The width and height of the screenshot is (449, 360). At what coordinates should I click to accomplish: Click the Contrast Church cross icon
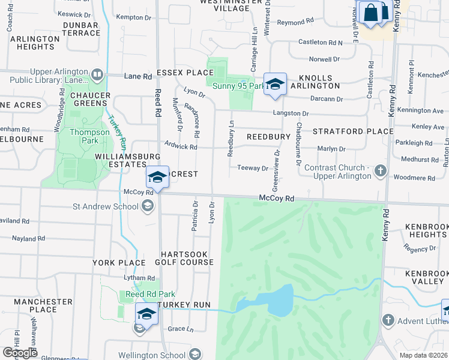click(379, 172)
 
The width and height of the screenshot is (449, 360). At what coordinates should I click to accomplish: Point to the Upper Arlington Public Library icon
click(97, 75)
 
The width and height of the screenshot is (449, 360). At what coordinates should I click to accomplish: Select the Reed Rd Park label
click(141, 294)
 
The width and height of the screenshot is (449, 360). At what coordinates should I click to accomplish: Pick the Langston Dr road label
click(291, 113)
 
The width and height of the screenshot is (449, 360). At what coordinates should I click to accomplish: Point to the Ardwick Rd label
click(181, 146)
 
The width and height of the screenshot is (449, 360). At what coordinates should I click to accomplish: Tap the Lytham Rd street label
click(139, 278)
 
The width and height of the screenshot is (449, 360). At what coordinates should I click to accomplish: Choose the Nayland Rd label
click(28, 238)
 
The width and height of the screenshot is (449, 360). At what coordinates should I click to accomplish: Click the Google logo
click(20, 353)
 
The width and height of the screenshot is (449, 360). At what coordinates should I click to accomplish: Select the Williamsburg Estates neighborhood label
click(121, 160)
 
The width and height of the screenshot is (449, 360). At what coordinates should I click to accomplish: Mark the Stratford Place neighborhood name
click(353, 131)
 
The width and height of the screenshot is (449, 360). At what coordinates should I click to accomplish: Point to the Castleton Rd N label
click(321, 43)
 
